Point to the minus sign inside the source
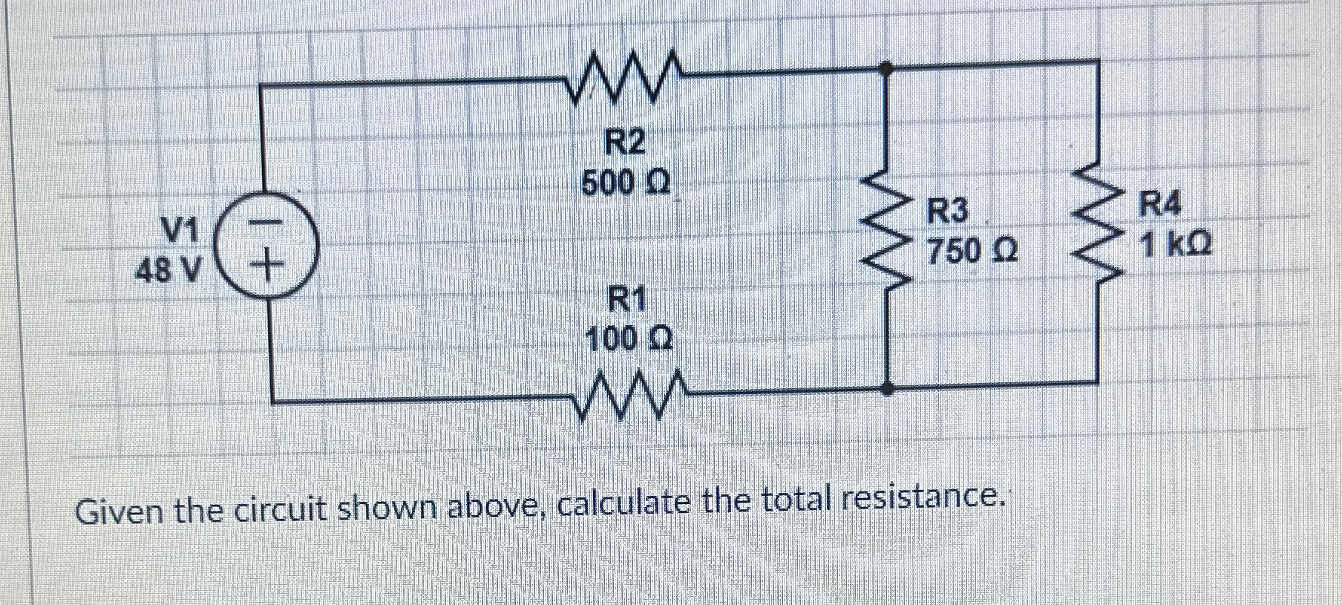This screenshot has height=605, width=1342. (265, 221)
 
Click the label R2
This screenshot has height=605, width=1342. (623, 143)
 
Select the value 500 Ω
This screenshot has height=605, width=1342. (625, 181)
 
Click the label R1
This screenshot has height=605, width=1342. (628, 301)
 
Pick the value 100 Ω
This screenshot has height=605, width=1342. (629, 340)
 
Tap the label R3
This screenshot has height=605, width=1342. (949, 213)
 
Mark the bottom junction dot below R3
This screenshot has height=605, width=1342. (886, 387)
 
